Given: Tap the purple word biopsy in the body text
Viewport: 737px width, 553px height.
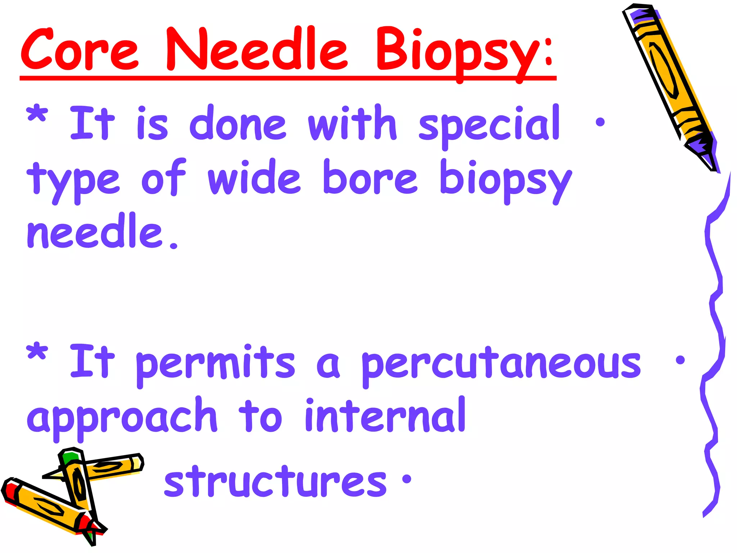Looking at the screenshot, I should tap(505, 180).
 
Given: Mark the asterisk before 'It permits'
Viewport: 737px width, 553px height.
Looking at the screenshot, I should tap(37, 353).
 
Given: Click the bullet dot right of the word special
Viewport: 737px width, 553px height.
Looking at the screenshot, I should tap(600, 122).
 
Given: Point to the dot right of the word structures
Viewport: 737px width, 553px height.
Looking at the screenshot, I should tap(407, 479).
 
